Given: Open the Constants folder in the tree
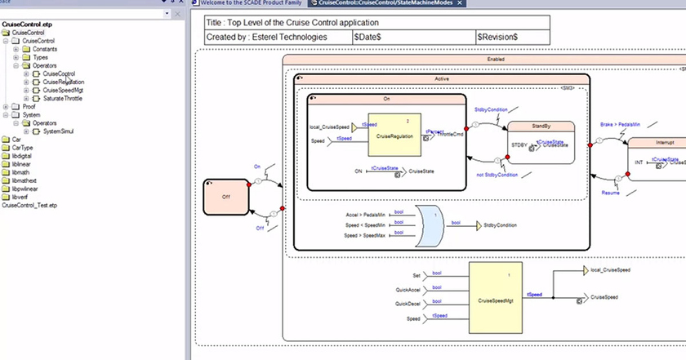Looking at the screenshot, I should pos(44,49).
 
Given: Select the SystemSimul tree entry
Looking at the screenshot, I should pos(62,131).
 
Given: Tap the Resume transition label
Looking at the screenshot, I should pos(612,193).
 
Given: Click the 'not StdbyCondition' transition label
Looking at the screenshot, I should pos(497,175).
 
